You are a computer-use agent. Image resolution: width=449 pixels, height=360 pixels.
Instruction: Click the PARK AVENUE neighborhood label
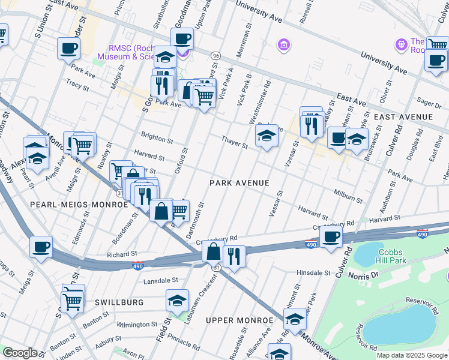[x=239, y=182]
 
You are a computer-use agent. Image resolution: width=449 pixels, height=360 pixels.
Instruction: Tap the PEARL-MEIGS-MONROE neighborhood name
[x=79, y=205]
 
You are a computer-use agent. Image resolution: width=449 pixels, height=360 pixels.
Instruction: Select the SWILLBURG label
[x=119, y=302]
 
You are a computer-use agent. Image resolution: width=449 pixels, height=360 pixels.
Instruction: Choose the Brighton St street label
[x=157, y=138]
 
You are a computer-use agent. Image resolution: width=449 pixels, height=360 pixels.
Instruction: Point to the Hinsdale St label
[x=313, y=272]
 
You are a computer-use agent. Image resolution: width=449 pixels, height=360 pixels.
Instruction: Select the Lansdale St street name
[x=160, y=280]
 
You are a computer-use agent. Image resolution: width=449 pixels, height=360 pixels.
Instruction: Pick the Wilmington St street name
[x=136, y=325]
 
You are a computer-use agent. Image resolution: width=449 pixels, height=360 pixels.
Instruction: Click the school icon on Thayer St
[x=267, y=136]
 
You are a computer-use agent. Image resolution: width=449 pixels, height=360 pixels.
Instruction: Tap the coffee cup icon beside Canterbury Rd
[x=331, y=236]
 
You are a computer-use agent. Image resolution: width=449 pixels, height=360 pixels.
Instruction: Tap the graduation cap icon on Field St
[x=177, y=300]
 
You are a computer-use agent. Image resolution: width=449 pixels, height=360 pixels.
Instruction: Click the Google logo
[x=20, y=353]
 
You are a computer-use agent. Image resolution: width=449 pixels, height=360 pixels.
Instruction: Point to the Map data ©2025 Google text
[x=411, y=355]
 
